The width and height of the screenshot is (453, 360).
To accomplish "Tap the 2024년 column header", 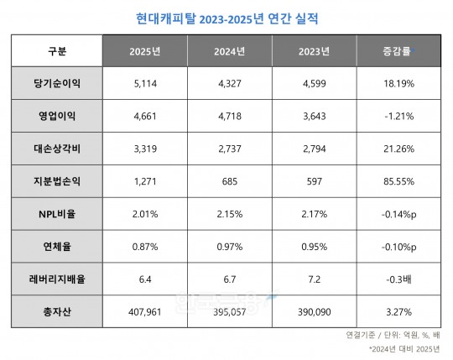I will pyautogui.click(x=229, y=51).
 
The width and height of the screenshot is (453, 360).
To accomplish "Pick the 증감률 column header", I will pyautogui.click(x=397, y=51).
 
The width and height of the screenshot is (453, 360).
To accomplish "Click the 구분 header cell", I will pyautogui.click(x=56, y=51).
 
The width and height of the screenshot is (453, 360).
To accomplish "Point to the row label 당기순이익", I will pyautogui.click(x=56, y=84).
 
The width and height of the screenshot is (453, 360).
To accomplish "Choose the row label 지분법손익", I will pyautogui.click(x=56, y=182).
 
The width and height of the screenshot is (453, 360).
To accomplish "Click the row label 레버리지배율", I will pyautogui.click(x=56, y=280).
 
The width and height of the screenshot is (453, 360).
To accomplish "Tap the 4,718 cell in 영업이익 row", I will pyautogui.click(x=229, y=117).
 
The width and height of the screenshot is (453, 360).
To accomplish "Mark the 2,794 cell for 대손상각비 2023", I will pyautogui.click(x=313, y=149).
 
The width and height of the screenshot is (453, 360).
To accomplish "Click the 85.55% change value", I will pyautogui.click(x=397, y=182).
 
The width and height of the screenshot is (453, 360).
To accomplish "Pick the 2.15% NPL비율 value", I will pyautogui.click(x=229, y=215).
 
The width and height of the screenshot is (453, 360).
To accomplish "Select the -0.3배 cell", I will pyautogui.click(x=397, y=280).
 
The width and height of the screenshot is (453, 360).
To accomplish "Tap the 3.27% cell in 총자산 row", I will pyautogui.click(x=397, y=313).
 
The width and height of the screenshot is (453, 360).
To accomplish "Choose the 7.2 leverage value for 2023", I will pyautogui.click(x=313, y=280).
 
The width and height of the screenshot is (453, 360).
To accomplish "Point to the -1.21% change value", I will pyautogui.click(x=397, y=117).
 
